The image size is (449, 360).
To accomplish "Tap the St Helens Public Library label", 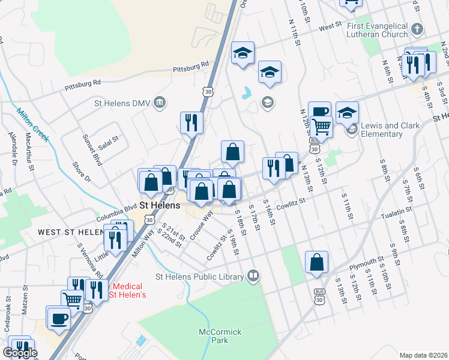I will (199, 277).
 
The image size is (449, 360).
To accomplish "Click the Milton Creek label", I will (32, 124).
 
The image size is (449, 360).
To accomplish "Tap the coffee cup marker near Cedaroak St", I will (59, 318).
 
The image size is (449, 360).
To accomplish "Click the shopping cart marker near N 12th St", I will (322, 126).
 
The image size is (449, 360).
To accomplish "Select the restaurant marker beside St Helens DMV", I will (191, 122).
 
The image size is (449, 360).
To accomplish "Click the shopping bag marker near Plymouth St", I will (316, 262).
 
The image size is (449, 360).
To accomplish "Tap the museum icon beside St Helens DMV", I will (159, 103).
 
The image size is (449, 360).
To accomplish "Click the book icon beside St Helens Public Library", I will (253, 276).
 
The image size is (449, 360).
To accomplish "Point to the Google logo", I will (20, 353).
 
